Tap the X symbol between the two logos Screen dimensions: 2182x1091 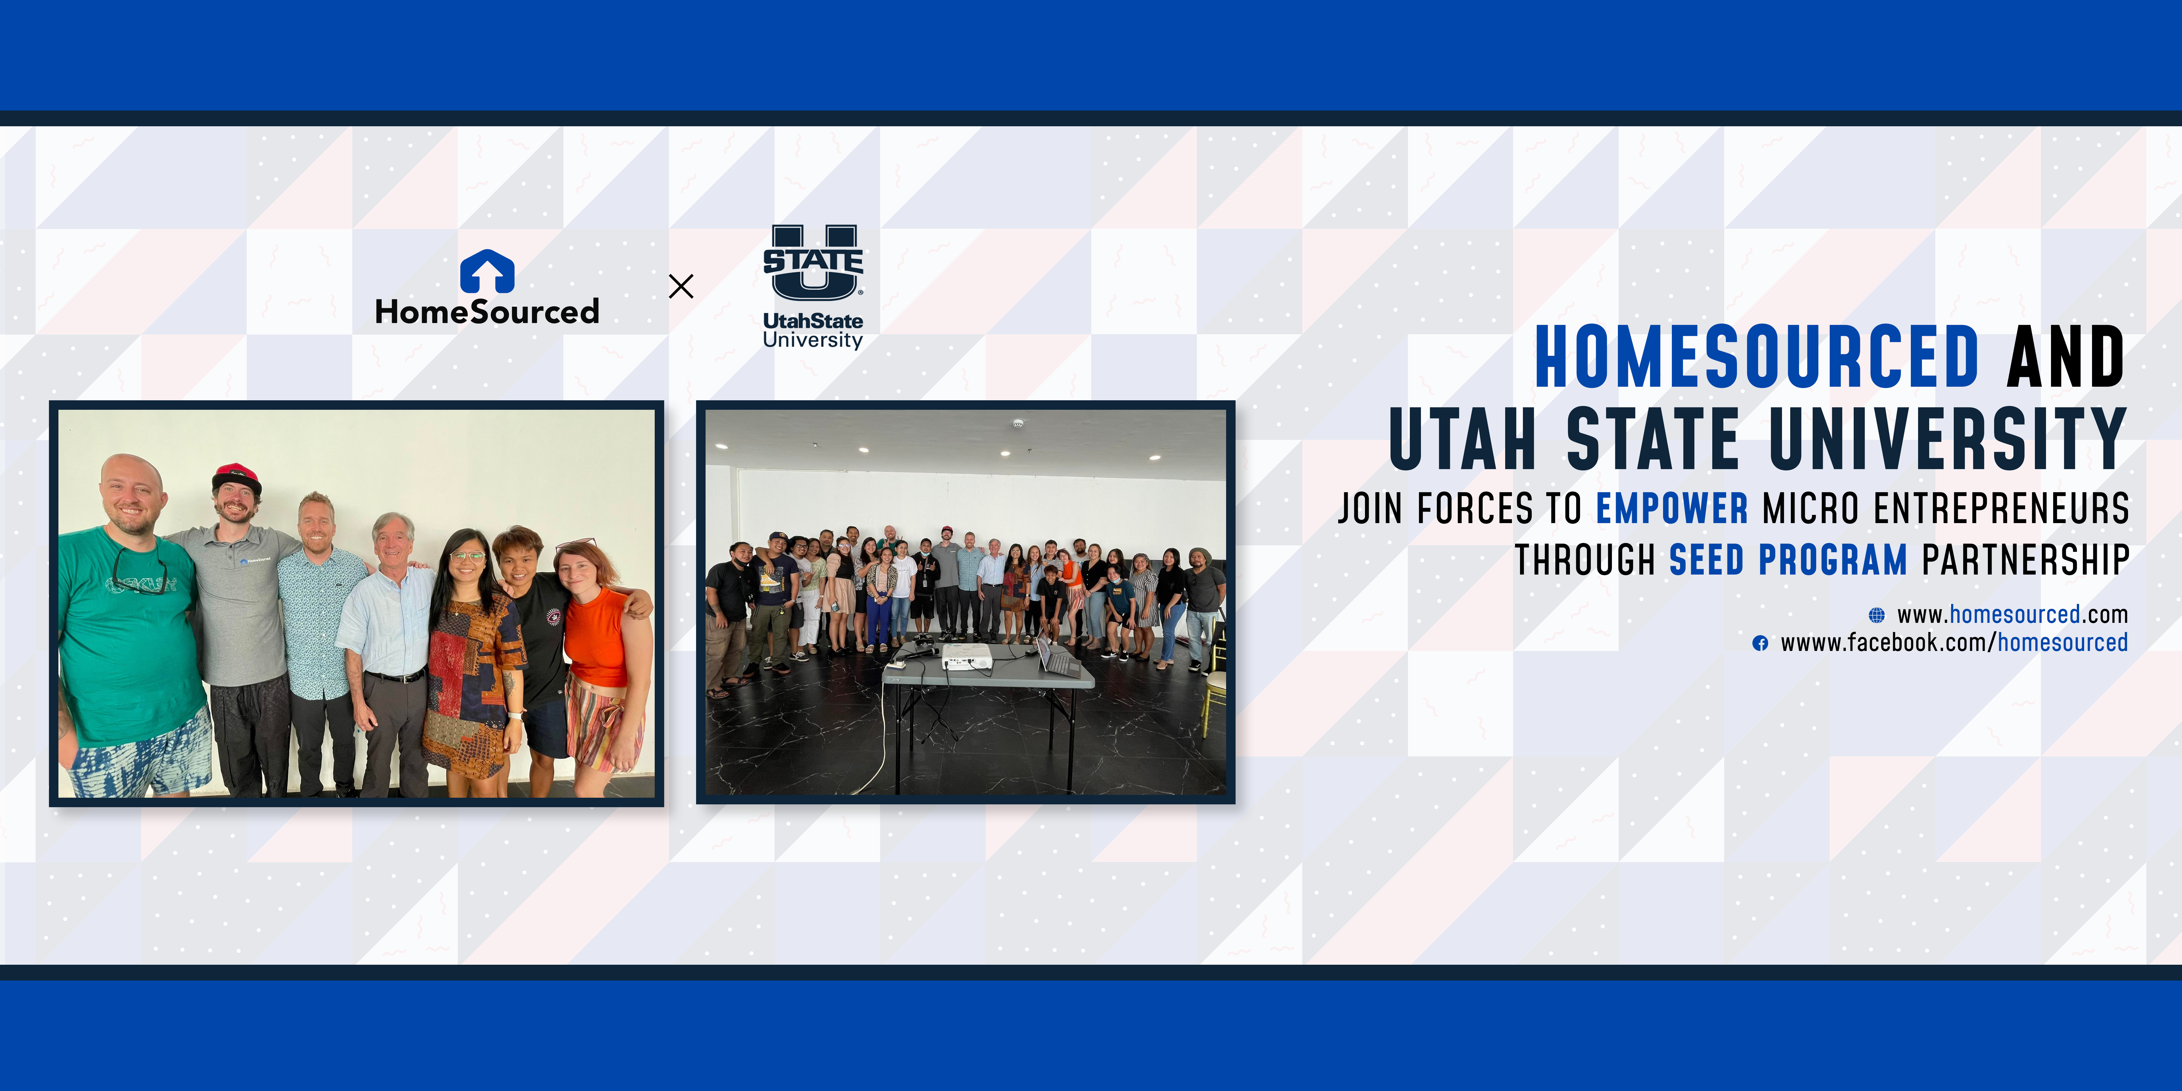(681, 286)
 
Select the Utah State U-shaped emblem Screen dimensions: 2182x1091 (813, 263)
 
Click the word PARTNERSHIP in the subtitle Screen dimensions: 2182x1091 (2025, 560)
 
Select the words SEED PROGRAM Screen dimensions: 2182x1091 (1788, 560)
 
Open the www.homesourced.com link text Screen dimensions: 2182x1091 (2012, 614)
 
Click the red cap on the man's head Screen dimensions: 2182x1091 (236, 476)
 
